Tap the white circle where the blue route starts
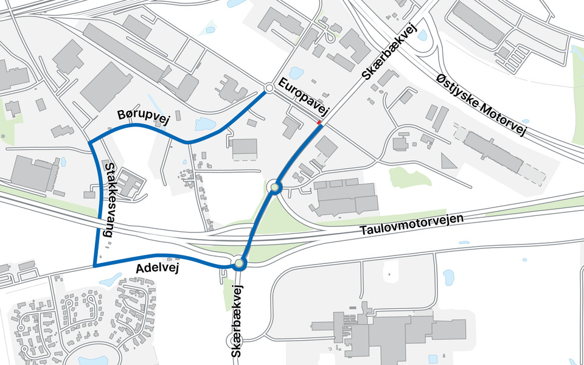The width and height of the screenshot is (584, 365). click(268, 88)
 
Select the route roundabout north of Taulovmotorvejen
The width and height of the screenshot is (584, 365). click(275, 187)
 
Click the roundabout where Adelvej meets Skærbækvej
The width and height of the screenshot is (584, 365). click(239, 263)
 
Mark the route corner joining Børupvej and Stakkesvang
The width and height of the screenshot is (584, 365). click(90, 142)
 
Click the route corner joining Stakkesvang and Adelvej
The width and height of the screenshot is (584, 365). click(95, 266)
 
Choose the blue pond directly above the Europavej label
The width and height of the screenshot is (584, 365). click(296, 73)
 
